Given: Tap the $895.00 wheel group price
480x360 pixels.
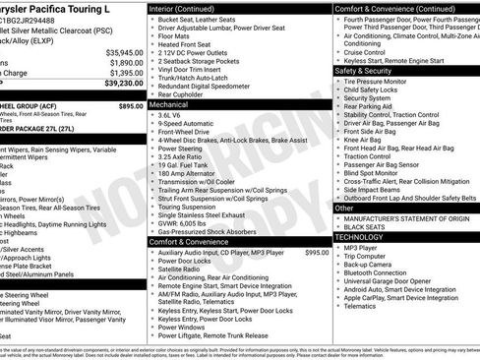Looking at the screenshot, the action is [130, 105].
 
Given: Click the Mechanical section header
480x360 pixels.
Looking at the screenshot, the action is [174, 102].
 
